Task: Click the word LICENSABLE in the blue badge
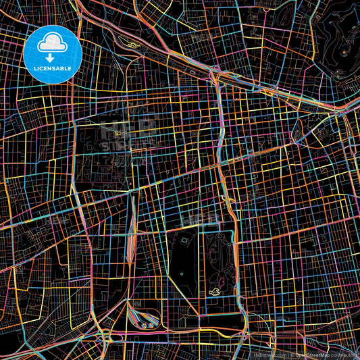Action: pyautogui.click(x=53, y=69)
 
